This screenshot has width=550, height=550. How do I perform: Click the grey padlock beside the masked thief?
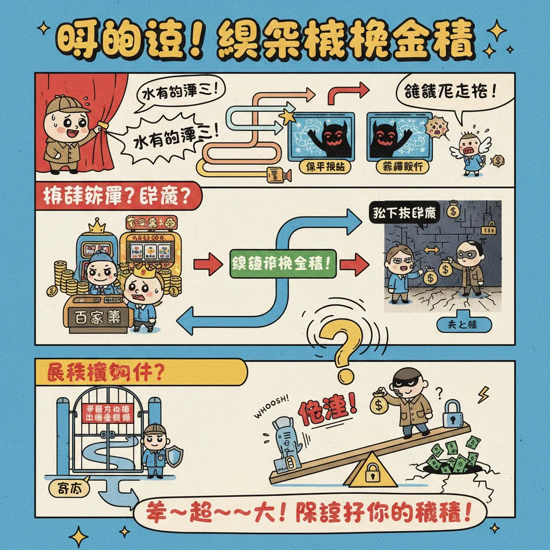point(453,412)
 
